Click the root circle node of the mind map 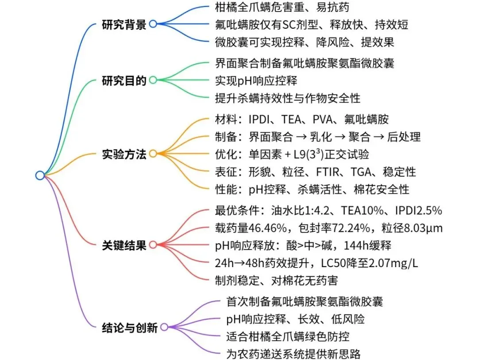[x=40, y=176]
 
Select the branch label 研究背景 [x=124, y=24]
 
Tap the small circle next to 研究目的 [x=153, y=80]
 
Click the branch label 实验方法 [x=124, y=154]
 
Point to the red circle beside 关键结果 [x=153, y=245]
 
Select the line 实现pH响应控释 [x=255, y=80]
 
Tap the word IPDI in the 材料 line [x=262, y=119]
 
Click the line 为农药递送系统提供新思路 [x=293, y=353]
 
